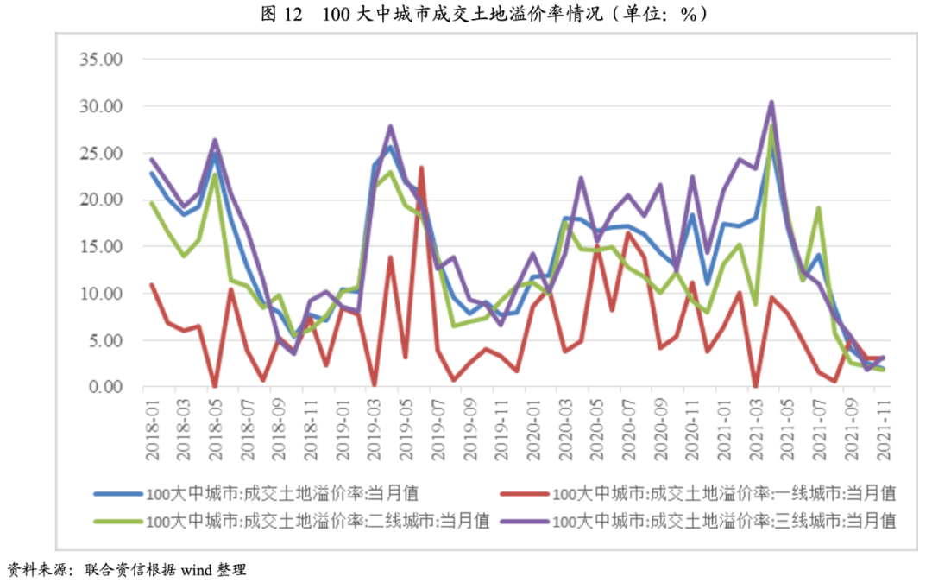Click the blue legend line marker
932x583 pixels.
click(117, 494)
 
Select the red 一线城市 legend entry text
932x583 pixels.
click(724, 494)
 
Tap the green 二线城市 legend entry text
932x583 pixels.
click(318, 521)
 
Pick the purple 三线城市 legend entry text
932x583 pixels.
click(724, 521)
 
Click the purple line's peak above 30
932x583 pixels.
click(771, 102)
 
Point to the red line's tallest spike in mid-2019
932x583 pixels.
click(421, 168)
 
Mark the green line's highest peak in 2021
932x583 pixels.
click(771, 125)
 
